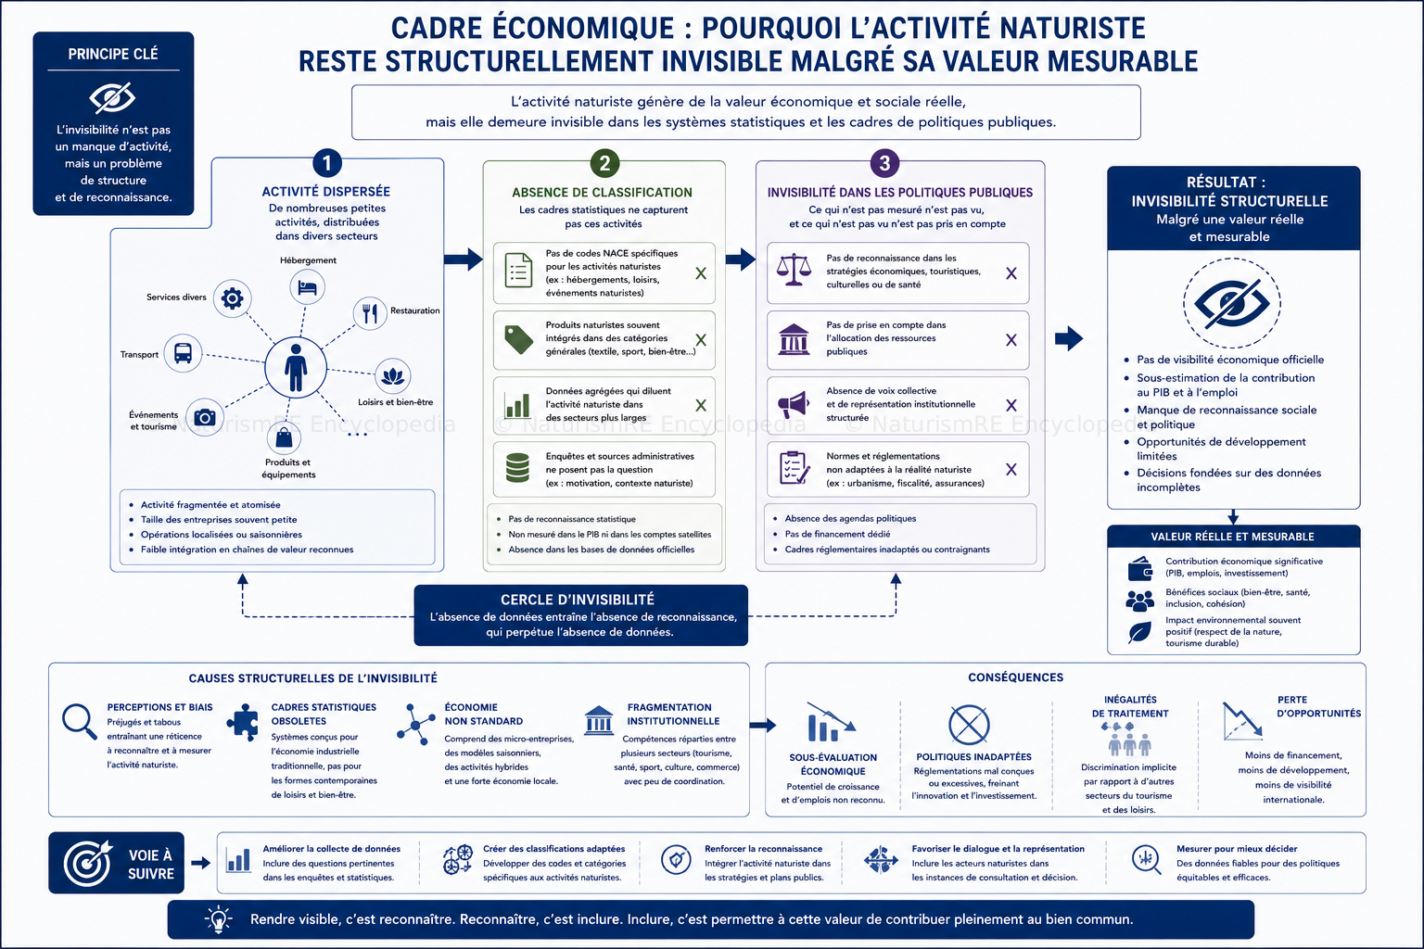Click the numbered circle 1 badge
[326, 163]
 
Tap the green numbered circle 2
[604, 163]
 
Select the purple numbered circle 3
[884, 163]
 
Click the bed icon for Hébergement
[307, 287]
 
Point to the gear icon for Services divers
[232, 298]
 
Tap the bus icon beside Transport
[183, 353]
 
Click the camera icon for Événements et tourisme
[205, 418]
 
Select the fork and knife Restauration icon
[370, 312]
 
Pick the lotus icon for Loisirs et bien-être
[392, 376]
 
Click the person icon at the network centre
[296, 367]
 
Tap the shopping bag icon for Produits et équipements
[284, 437]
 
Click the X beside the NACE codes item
[701, 273]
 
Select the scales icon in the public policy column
[794, 270]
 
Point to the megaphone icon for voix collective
[794, 404]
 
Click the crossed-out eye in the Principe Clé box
[112, 97]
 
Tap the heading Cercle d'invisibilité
[578, 600]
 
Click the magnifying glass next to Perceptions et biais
[80, 721]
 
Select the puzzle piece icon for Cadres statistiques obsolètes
[243, 722]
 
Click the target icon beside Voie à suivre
[88, 863]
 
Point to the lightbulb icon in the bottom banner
[219, 919]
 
